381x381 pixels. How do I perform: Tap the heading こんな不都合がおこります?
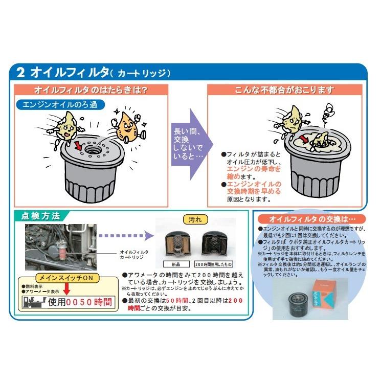[x=284, y=90]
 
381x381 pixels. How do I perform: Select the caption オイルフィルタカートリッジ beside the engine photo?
[x=134, y=255]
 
